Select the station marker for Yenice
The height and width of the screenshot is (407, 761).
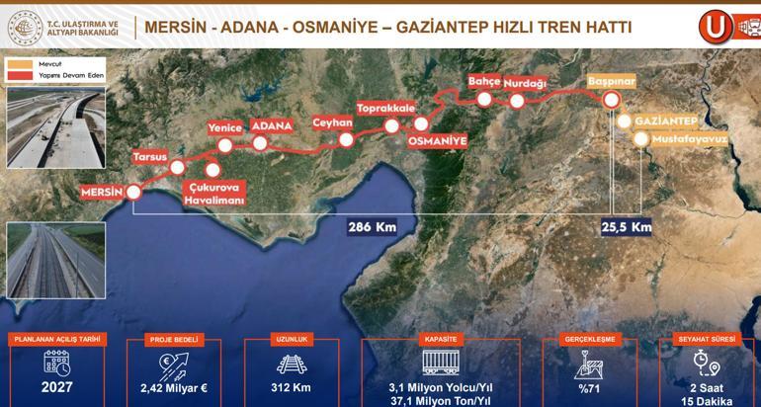[224, 146]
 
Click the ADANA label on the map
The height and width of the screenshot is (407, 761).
[272, 126]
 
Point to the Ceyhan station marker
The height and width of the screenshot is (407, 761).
[346, 140]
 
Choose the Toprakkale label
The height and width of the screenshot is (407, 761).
[384, 108]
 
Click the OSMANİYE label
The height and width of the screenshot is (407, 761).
[436, 141]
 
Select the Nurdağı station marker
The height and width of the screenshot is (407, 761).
[517, 100]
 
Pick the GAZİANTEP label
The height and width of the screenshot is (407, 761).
[667, 121]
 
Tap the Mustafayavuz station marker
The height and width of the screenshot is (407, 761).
[641, 139]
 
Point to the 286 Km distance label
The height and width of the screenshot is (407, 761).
[372, 227]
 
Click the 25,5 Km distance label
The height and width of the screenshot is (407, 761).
[627, 227]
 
